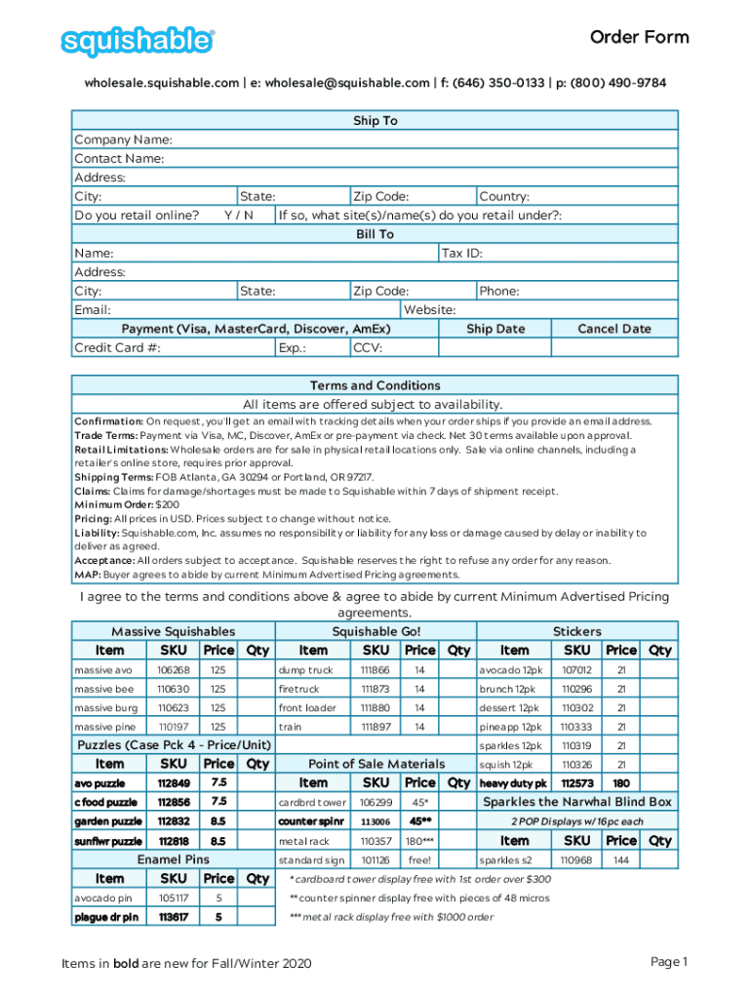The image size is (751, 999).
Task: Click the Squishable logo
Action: click(138, 42)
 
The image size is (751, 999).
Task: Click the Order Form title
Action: click(639, 37)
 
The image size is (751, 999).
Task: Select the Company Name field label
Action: click(124, 140)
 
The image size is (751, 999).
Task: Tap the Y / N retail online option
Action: click(238, 215)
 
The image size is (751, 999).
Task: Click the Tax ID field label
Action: click(462, 253)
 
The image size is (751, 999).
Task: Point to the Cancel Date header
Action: click(613, 329)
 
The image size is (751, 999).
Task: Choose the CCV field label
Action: click(368, 347)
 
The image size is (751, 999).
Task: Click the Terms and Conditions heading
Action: click(375, 385)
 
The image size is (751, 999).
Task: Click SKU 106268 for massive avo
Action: click(173, 670)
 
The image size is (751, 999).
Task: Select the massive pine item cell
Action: click(104, 726)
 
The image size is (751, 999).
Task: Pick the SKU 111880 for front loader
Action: click(375, 707)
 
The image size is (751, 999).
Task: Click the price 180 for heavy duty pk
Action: click(620, 782)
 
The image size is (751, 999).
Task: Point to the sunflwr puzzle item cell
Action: click(108, 841)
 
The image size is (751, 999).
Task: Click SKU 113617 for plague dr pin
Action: click(173, 917)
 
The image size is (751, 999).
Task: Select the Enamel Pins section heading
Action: click(173, 859)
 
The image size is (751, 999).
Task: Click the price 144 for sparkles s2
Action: click(620, 860)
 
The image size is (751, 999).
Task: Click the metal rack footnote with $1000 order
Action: click(390, 917)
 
